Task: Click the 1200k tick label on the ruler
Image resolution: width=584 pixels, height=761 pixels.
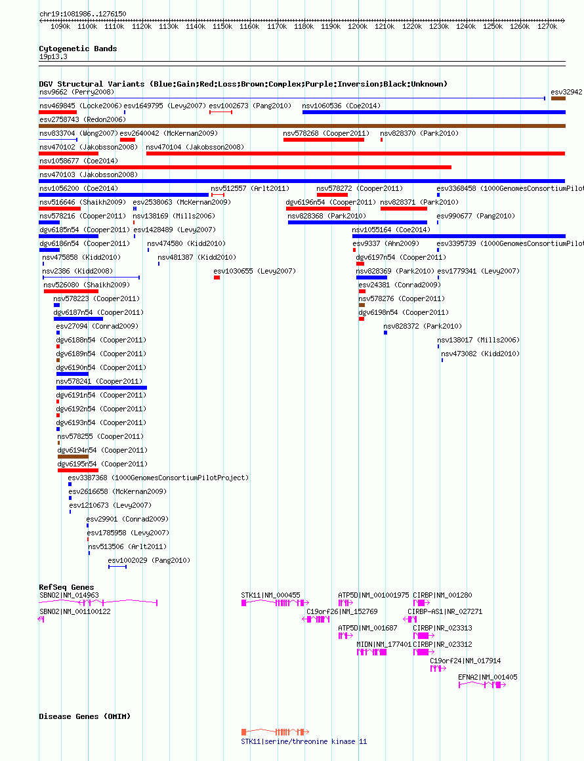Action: (x=358, y=27)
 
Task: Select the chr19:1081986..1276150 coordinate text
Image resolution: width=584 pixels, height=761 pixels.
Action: (x=83, y=14)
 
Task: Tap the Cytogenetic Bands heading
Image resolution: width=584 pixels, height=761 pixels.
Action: (x=77, y=49)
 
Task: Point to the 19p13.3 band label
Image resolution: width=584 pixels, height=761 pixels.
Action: (x=53, y=57)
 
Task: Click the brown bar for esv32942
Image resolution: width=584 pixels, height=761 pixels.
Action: (x=558, y=98)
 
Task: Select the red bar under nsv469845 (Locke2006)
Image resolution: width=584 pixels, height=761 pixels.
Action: (x=58, y=112)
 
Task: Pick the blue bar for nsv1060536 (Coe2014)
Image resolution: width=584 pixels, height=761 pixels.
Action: (x=434, y=112)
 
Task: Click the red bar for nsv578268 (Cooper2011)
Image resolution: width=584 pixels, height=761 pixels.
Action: (x=323, y=140)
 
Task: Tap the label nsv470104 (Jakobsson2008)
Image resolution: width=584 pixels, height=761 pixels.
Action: (x=195, y=147)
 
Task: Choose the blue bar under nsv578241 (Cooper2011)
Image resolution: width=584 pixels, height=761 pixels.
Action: (x=102, y=388)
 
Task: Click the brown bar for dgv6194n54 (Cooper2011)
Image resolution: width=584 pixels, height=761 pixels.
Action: (x=73, y=457)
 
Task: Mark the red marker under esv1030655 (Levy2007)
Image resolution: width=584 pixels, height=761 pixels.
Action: (x=217, y=278)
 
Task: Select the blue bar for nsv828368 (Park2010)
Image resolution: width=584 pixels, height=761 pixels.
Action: (x=358, y=222)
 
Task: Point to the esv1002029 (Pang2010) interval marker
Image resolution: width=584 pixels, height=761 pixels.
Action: (x=117, y=566)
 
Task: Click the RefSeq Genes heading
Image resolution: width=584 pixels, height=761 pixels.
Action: (x=66, y=587)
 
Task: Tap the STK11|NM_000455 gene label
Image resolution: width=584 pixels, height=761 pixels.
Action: (x=270, y=595)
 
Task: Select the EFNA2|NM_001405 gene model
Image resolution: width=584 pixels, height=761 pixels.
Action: (x=482, y=685)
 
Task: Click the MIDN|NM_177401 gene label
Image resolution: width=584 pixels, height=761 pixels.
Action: (x=384, y=644)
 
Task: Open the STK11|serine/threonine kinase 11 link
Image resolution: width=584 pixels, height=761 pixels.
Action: (x=304, y=741)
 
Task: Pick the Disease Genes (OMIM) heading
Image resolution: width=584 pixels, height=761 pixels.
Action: (x=85, y=716)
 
